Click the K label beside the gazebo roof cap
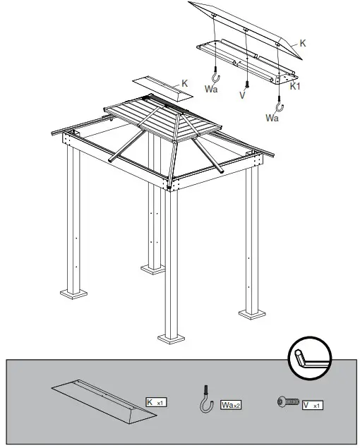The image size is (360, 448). click(x=185, y=84)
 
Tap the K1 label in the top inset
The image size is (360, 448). click(x=296, y=85)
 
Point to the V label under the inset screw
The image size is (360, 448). click(x=242, y=95)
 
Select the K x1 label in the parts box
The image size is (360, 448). click(x=155, y=402)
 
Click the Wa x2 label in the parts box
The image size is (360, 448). click(x=231, y=405)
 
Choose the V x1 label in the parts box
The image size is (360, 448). click(x=313, y=405)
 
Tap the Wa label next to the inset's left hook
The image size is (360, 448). click(x=210, y=90)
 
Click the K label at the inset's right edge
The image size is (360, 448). click(x=302, y=43)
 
